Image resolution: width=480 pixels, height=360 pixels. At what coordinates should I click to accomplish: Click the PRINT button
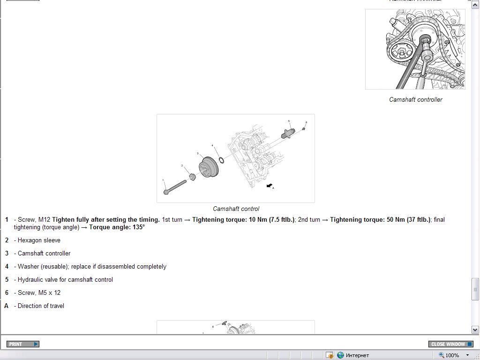click(23, 344)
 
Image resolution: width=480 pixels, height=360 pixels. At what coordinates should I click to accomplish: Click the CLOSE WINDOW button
click(450, 344)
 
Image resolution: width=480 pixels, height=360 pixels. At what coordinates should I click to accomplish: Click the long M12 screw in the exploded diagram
click(175, 187)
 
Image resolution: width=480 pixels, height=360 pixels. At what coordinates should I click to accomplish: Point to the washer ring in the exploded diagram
click(221, 160)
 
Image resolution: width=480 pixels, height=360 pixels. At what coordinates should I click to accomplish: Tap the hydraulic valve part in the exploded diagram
click(288, 133)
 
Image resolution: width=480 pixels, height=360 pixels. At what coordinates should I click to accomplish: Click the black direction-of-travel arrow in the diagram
click(270, 186)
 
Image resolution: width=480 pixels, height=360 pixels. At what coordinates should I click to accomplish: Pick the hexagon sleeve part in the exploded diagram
click(193, 177)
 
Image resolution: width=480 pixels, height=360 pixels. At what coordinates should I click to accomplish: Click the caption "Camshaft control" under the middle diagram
click(236, 209)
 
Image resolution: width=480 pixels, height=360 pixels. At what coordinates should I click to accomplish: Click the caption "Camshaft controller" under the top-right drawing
click(415, 99)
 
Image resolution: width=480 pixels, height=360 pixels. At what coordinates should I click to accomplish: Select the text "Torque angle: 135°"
click(117, 227)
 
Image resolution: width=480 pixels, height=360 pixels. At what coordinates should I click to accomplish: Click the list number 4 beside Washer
click(7, 266)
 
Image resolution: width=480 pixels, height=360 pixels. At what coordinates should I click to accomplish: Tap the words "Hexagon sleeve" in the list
click(39, 240)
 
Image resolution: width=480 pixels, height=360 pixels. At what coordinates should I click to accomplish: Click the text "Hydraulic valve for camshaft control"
click(65, 279)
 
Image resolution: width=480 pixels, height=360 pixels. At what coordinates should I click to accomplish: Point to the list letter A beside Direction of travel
click(7, 306)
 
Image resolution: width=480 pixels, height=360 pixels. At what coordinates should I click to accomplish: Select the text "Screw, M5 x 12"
click(39, 292)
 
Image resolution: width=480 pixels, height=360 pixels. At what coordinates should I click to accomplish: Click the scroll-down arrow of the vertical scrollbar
click(475, 330)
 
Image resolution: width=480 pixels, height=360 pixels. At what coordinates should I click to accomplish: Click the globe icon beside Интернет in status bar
click(340, 355)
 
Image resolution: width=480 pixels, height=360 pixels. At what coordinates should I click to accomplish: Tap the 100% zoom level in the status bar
click(452, 355)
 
